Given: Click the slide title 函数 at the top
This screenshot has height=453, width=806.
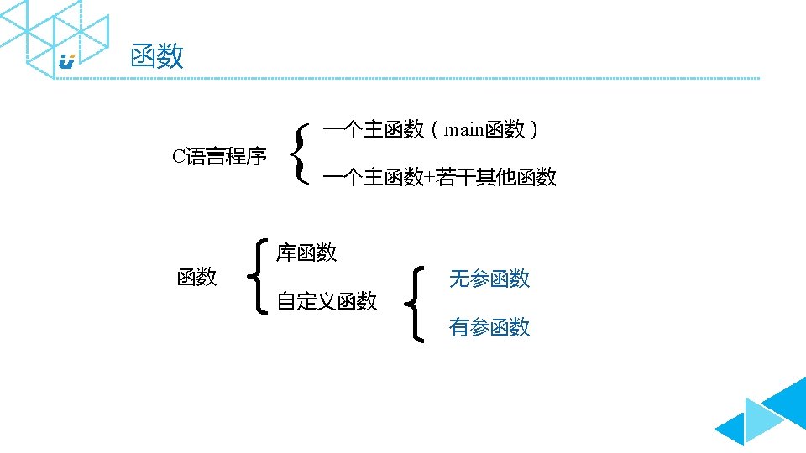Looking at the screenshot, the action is click(x=157, y=57).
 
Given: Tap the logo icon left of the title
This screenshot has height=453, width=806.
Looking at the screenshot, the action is click(x=67, y=61).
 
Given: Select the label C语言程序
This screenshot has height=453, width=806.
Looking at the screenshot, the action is click(x=219, y=156).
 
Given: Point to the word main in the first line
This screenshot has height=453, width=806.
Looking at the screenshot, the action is click(x=459, y=129).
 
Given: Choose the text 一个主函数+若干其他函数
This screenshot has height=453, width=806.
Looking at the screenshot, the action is click(x=439, y=178).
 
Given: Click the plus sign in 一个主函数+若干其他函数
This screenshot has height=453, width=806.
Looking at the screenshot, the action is click(x=430, y=178).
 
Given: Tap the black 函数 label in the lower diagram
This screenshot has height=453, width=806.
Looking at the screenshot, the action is click(x=197, y=277).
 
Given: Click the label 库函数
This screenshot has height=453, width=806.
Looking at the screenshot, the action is click(x=307, y=252).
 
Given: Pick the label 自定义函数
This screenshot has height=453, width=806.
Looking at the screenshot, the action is click(x=327, y=301).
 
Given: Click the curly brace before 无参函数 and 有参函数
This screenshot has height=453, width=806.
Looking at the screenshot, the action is click(x=416, y=303).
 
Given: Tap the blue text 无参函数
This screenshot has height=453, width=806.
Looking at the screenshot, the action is click(x=489, y=279).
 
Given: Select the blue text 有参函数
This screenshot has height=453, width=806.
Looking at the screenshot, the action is click(x=489, y=327).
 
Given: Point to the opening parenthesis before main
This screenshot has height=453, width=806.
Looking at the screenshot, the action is click(x=434, y=129).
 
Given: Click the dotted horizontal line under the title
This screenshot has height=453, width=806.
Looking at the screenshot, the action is click(x=420, y=78).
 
